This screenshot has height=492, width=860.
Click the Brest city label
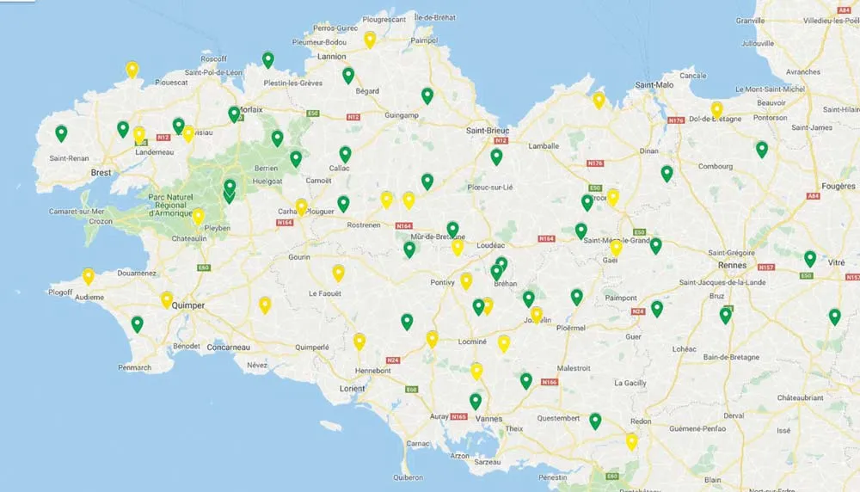(101, 172)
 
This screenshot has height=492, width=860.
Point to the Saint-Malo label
(654, 84)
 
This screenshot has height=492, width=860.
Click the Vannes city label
(488, 419)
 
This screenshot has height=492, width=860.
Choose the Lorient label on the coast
(352, 388)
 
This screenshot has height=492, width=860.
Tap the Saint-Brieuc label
(488, 131)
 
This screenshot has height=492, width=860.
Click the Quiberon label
(407, 477)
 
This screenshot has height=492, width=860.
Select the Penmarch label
(134, 367)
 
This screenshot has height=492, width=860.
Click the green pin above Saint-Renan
(61, 133)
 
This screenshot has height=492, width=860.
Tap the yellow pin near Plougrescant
(370, 39)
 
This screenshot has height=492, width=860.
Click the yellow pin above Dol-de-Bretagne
(716, 109)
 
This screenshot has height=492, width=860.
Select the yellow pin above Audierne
(88, 276)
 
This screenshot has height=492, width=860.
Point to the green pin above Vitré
(809, 258)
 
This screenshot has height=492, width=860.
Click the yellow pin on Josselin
(537, 315)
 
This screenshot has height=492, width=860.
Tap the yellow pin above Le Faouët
(339, 273)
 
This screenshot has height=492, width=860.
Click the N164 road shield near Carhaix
(286, 223)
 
